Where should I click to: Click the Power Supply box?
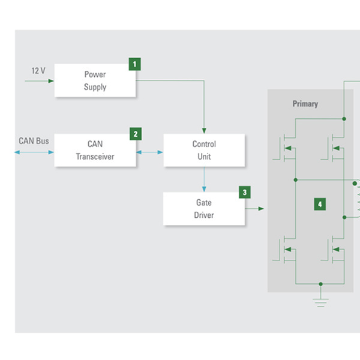click(95, 80)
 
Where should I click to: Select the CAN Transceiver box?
click(95, 150)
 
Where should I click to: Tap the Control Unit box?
click(204, 150)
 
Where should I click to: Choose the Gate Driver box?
click(204, 209)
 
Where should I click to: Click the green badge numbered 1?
click(135, 64)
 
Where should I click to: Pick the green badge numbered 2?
click(136, 134)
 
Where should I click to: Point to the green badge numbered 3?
click(245, 192)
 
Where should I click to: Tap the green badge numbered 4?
click(320, 204)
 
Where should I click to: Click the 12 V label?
click(38, 71)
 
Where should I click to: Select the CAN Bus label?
click(34, 141)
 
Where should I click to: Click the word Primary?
click(305, 104)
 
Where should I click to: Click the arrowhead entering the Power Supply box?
click(51, 81)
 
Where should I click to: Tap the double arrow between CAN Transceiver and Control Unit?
click(149, 152)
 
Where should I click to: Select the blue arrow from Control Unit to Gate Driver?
click(204, 179)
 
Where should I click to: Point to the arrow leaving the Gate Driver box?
click(254, 209)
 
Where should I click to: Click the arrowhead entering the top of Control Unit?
click(204, 131)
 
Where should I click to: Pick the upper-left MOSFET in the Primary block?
click(284, 148)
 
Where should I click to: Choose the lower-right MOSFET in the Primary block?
click(333, 250)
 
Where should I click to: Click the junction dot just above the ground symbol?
click(321, 284)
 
